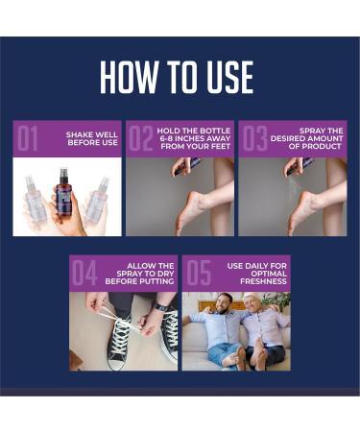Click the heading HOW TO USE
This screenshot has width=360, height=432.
[x=180, y=77]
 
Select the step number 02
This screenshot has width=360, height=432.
[x=140, y=140]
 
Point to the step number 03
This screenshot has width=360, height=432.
[x=253, y=140]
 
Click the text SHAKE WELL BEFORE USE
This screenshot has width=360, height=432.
[x=91, y=139]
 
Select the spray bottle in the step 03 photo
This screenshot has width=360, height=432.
[x=294, y=165]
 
